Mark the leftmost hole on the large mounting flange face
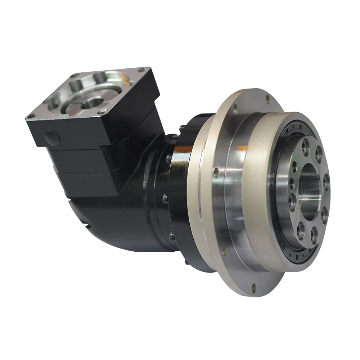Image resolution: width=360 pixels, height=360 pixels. (215, 172)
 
